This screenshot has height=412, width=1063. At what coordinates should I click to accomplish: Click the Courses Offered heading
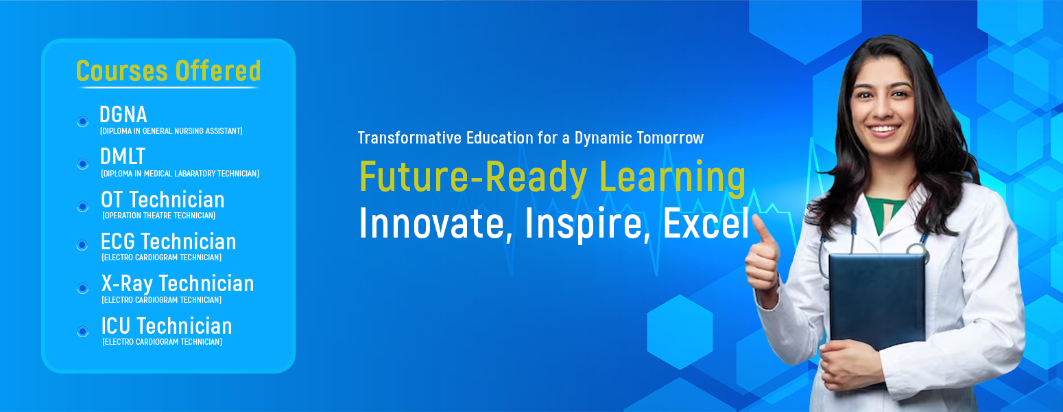pyautogui.click(x=169, y=71)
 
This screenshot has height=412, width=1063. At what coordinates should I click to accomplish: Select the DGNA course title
pyautogui.click(x=123, y=115)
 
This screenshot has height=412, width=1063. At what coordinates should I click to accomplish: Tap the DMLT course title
pyautogui.click(x=123, y=157)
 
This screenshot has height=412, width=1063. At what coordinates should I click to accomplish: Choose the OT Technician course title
pyautogui.click(x=163, y=200)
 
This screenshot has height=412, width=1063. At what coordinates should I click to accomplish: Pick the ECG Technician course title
pyautogui.click(x=169, y=242)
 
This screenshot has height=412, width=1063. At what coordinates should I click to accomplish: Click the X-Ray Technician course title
pyautogui.click(x=178, y=284)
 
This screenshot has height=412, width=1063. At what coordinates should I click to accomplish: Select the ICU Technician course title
pyautogui.click(x=167, y=326)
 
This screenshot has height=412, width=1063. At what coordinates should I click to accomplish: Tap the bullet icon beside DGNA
pyautogui.click(x=82, y=121)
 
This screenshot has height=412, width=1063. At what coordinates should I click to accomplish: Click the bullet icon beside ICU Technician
pyautogui.click(x=82, y=331)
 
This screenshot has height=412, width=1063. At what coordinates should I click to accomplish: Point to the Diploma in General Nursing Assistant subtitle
pyautogui.click(x=171, y=130)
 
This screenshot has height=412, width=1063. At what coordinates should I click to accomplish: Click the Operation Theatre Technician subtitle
pyautogui.click(x=159, y=215)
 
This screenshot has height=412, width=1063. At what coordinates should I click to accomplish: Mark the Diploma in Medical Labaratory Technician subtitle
pyautogui.click(x=180, y=174)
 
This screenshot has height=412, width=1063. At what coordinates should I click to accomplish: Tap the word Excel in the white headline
pyautogui.click(x=706, y=223)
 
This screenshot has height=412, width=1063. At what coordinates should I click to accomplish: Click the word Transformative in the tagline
pyautogui.click(x=409, y=138)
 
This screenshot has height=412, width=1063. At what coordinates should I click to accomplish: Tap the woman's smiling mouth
pyautogui.click(x=883, y=130)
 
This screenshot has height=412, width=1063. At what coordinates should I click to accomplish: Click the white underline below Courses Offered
pyautogui.click(x=169, y=88)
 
